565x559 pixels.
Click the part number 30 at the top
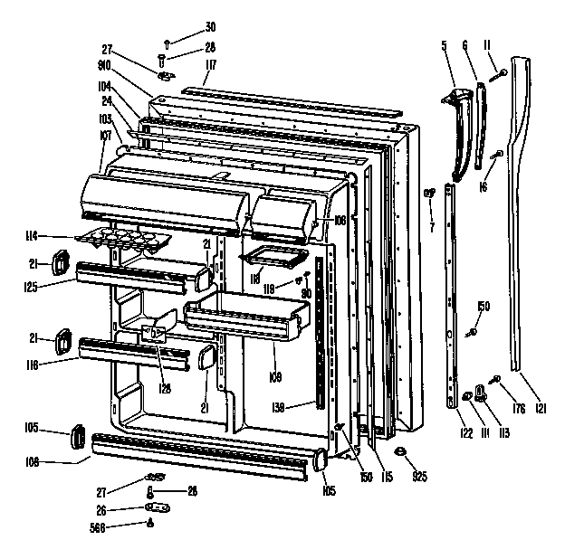tap(210, 25)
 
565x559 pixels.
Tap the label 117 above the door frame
tap(210, 66)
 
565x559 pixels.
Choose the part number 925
tap(419, 476)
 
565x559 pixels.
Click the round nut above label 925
tap(399, 451)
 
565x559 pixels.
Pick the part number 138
tap(279, 407)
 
